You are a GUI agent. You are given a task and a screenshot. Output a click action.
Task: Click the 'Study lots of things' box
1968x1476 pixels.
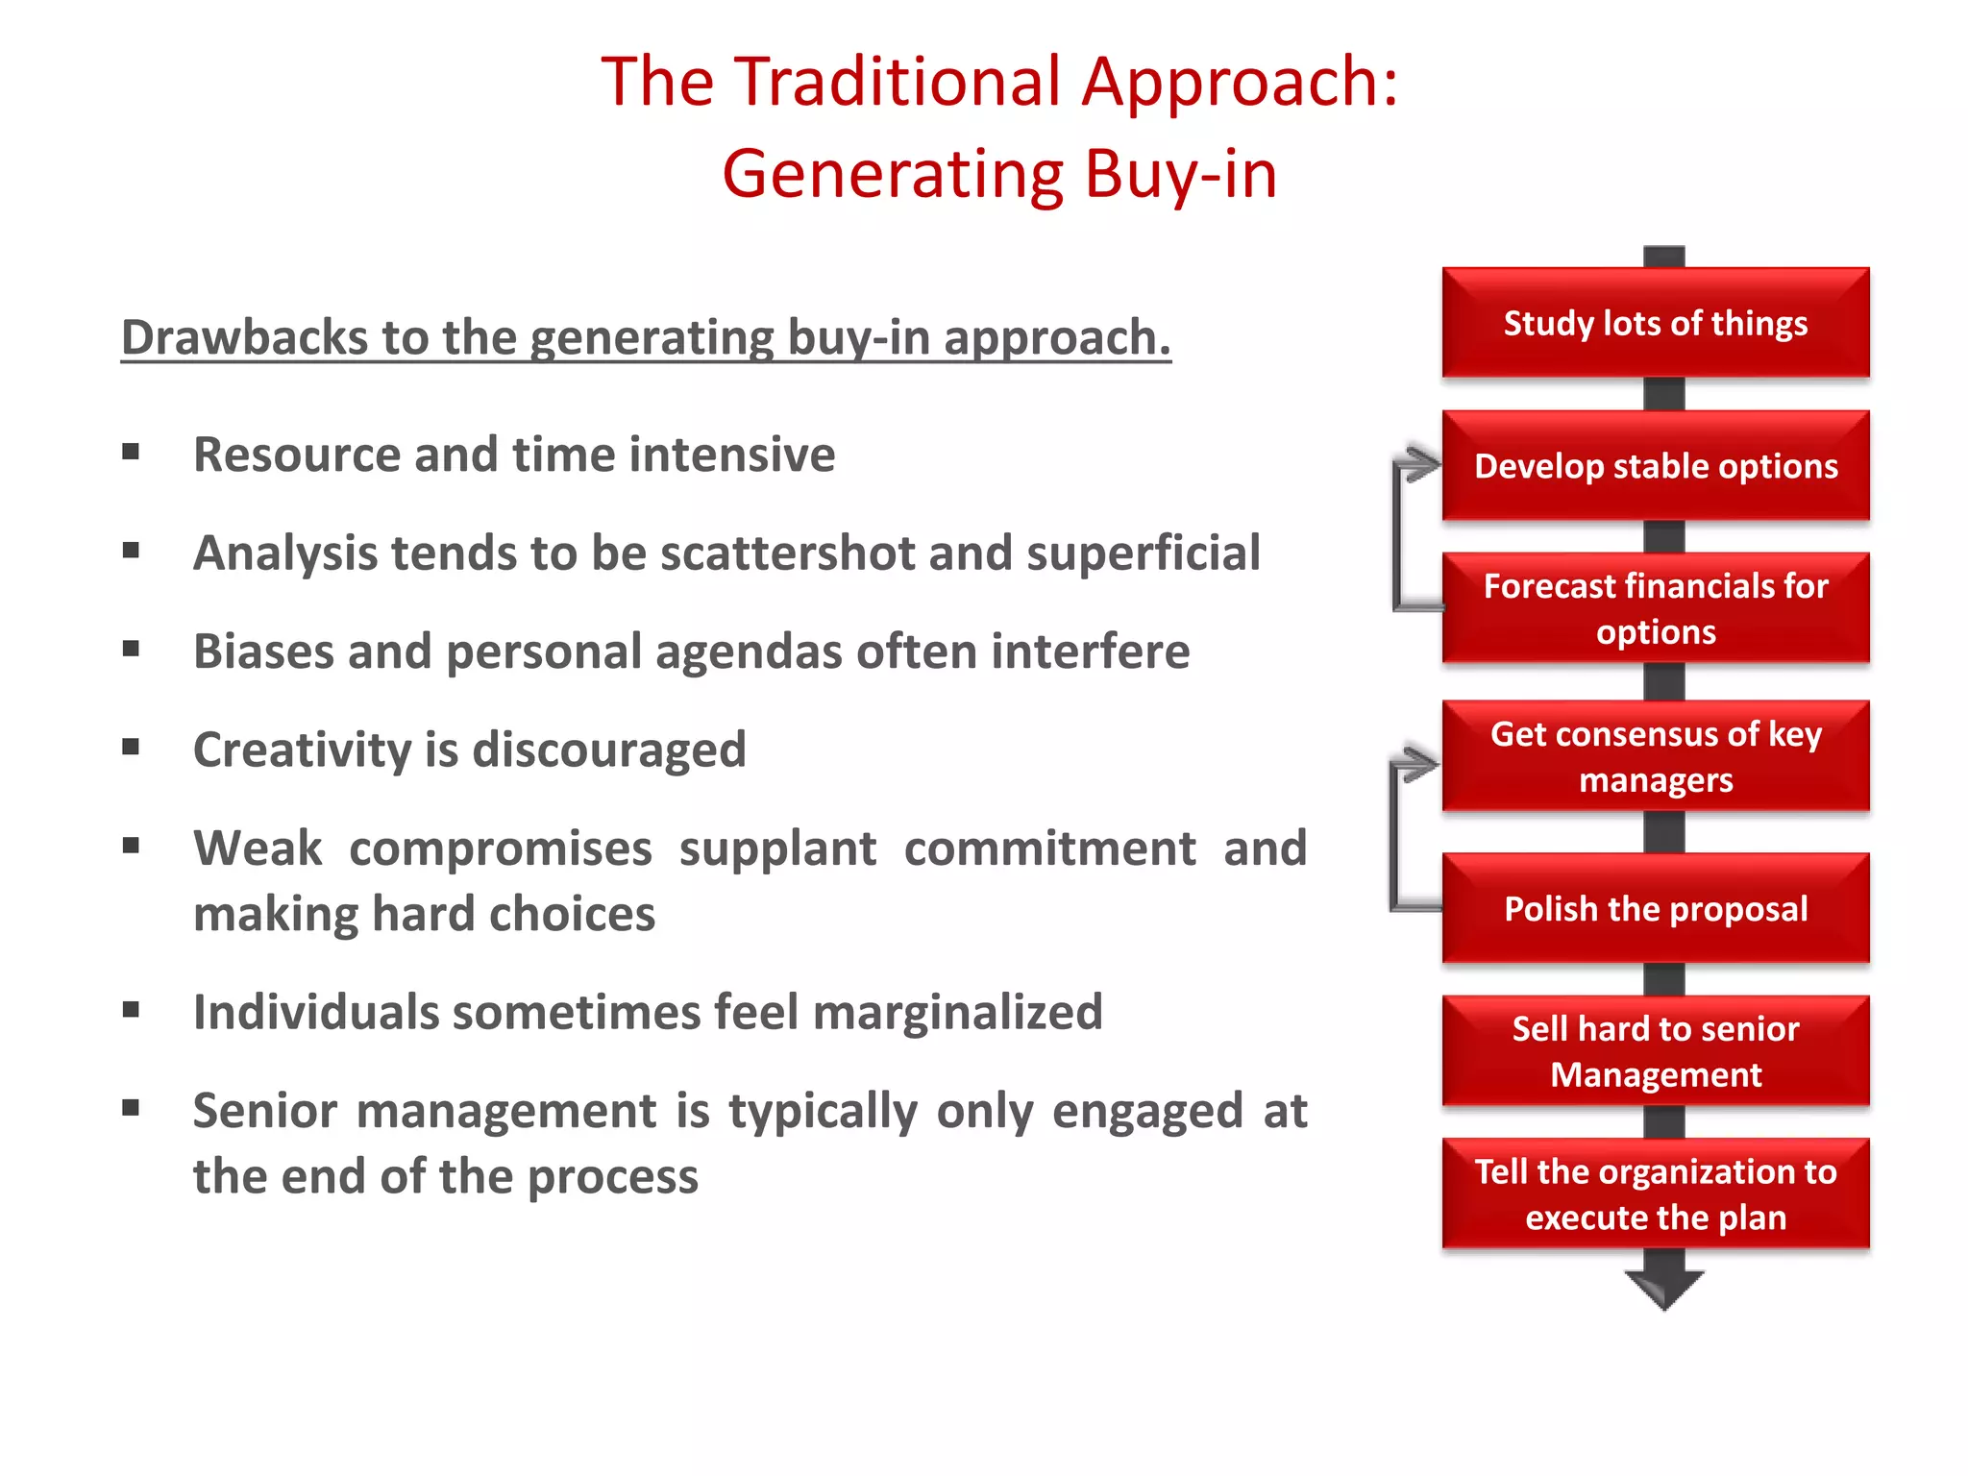tap(1655, 323)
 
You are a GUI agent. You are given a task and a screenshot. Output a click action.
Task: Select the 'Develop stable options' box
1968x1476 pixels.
tap(1655, 466)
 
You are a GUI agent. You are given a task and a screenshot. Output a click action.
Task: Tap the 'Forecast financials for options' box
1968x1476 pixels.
tap(1655, 608)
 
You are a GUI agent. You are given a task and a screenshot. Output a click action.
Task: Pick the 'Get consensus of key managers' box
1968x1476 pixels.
tap(1655, 756)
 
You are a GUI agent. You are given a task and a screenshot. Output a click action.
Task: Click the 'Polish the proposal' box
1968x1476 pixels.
tap(1655, 908)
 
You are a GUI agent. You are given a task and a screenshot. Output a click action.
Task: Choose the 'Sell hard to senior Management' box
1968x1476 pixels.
tap(1655, 1050)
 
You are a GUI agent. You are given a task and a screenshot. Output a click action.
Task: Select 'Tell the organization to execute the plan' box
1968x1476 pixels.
tap(1655, 1193)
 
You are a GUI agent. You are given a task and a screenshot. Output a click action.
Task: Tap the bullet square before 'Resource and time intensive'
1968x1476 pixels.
tap(132, 452)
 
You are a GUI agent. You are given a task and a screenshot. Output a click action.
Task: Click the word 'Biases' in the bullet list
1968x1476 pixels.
tap(262, 652)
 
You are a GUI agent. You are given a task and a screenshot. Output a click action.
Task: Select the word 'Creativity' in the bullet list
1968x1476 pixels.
tap(301, 750)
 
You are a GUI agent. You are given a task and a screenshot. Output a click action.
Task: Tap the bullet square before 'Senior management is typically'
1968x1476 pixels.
tap(132, 1108)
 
